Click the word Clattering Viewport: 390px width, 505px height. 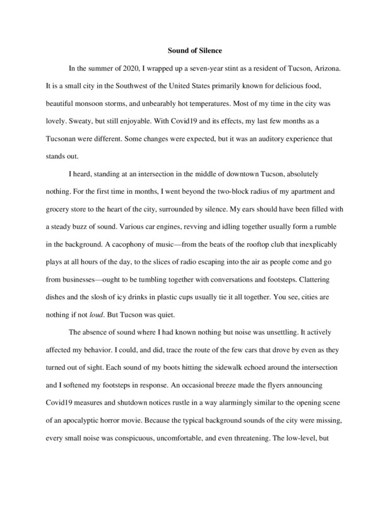pyautogui.click(x=319, y=288)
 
